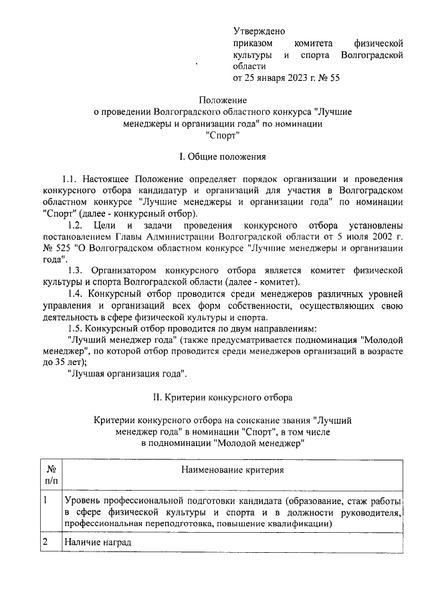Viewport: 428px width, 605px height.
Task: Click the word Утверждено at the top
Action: (x=259, y=31)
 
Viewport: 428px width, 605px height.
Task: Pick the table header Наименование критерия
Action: (x=232, y=470)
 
